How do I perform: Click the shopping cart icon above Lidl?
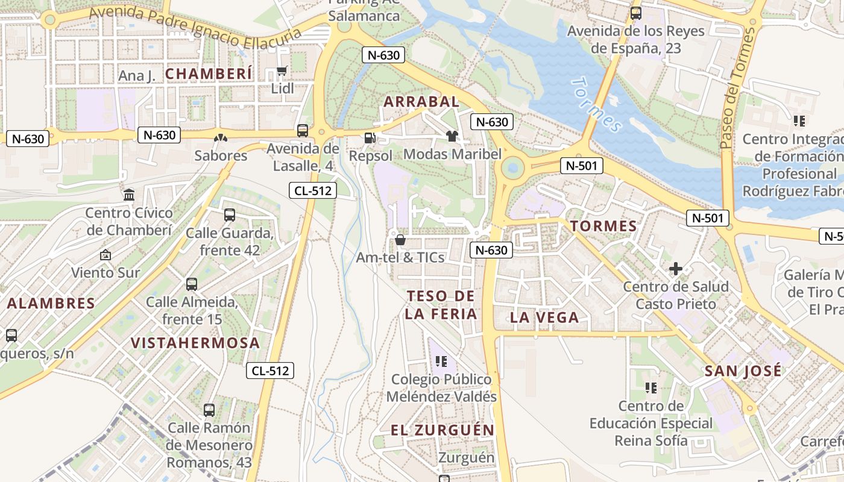click(x=282, y=72)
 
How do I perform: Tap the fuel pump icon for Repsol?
click(x=370, y=137)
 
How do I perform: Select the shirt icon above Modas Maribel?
click(x=452, y=136)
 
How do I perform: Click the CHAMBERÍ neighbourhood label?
click(x=209, y=74)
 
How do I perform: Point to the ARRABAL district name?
click(x=421, y=102)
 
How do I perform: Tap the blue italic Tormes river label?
click(x=596, y=105)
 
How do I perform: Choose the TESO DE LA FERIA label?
click(x=441, y=305)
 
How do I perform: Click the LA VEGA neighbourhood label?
click(x=544, y=318)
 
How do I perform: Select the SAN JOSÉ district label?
click(x=743, y=371)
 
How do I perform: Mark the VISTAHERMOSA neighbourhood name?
click(x=195, y=343)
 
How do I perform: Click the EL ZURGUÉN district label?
click(x=442, y=430)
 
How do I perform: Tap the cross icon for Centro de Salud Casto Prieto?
click(x=676, y=269)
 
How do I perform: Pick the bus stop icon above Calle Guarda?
click(x=229, y=215)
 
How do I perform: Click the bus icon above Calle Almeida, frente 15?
click(x=192, y=284)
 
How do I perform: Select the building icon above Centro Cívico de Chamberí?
click(x=129, y=195)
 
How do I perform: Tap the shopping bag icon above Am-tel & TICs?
click(x=400, y=240)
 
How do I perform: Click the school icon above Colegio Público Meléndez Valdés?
click(x=441, y=361)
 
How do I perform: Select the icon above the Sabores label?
click(x=221, y=138)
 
